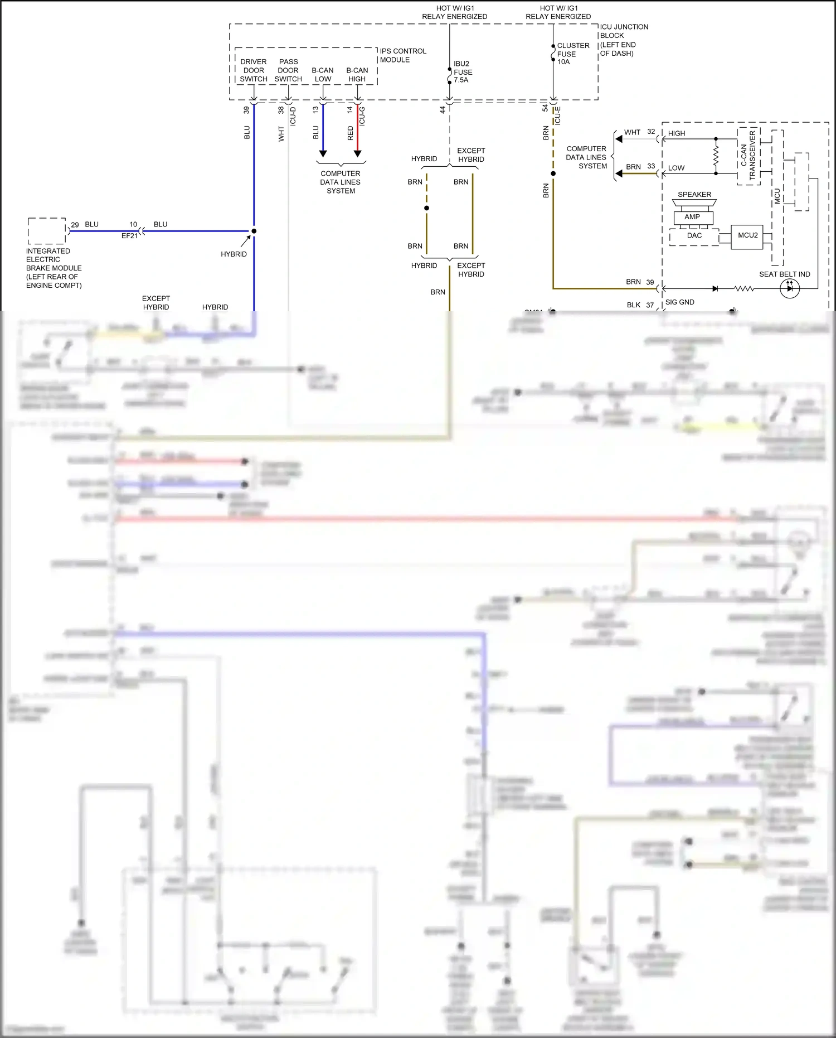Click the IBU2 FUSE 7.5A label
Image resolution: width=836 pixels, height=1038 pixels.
tap(463, 72)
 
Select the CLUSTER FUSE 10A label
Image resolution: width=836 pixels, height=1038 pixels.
tap(572, 54)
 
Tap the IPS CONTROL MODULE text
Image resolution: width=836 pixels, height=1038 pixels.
tap(402, 55)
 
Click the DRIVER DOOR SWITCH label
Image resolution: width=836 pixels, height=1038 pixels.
tap(254, 70)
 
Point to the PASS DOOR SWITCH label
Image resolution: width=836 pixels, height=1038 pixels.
tap(288, 70)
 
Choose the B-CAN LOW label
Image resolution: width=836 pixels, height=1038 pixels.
tap(323, 74)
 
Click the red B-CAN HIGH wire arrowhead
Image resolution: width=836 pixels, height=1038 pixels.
tap(358, 153)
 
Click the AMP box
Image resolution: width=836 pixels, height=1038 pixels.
tap(693, 217)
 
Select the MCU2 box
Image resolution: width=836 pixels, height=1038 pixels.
tap(747, 236)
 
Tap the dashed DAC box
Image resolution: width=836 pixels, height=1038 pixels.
tap(694, 237)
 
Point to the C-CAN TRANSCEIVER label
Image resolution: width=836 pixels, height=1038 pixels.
tap(748, 156)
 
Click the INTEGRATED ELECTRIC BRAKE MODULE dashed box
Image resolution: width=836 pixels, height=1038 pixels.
tap(47, 231)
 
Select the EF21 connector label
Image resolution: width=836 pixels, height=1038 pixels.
tap(129, 236)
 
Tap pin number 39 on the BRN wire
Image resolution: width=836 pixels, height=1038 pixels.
tap(650, 282)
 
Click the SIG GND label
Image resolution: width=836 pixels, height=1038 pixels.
tap(679, 302)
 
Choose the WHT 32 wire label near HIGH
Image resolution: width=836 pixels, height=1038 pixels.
tap(639, 132)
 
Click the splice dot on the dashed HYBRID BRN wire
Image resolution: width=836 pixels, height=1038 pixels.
tap(426, 208)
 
